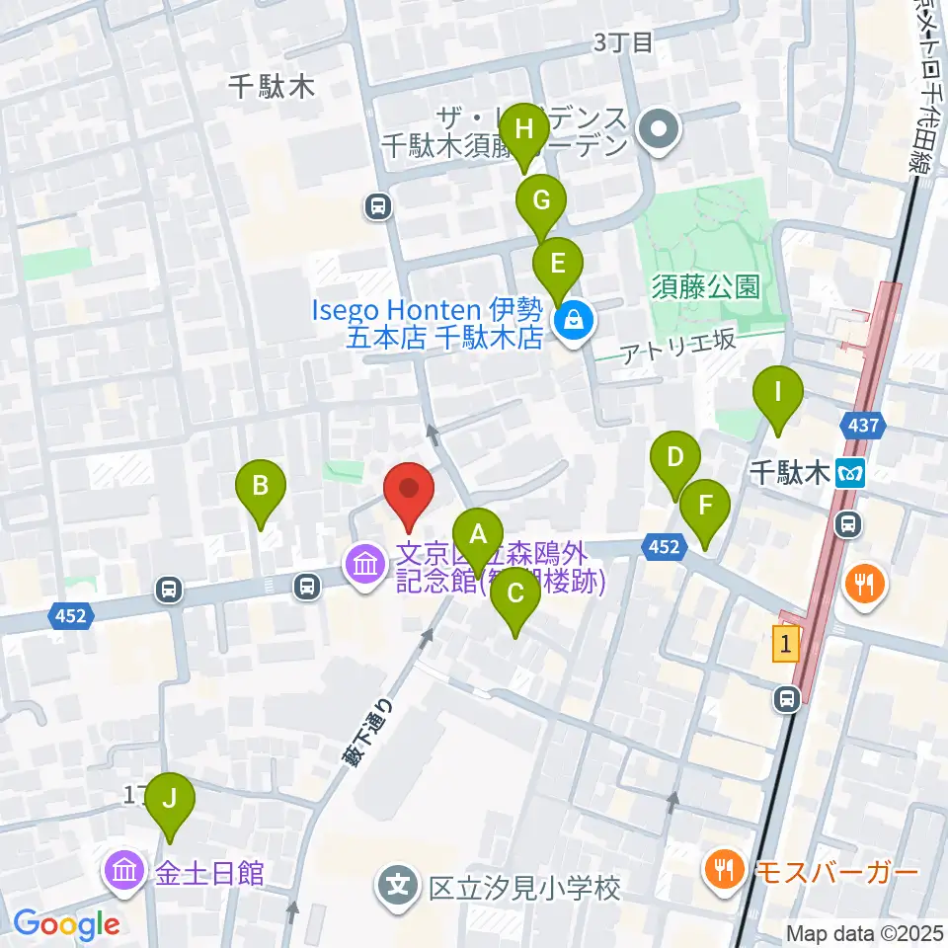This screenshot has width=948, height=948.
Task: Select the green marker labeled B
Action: [261, 487]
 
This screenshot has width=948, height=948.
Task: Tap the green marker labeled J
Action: [170, 798]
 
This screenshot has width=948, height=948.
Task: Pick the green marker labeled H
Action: [524, 130]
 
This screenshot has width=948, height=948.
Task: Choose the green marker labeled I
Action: [777, 393]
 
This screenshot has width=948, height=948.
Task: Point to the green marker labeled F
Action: [705, 507]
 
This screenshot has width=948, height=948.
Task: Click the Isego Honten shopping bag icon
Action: [572, 320]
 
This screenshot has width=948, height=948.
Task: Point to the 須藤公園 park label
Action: [706, 287]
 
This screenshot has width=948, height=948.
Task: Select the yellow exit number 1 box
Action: [785, 646]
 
